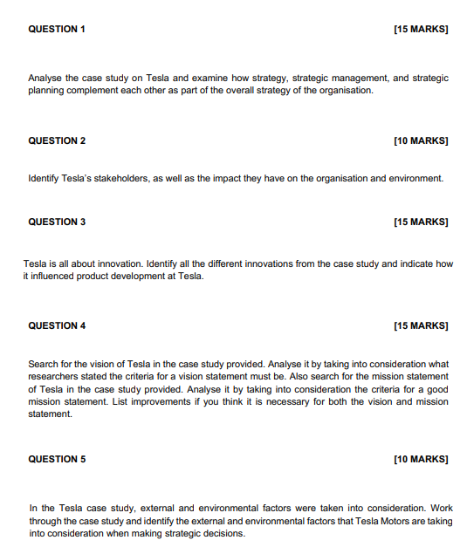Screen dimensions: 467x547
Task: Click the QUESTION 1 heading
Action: point(57,29)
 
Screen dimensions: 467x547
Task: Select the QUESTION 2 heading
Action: point(57,140)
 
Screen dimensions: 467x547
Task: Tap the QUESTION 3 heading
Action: point(57,222)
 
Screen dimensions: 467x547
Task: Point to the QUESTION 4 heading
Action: point(57,325)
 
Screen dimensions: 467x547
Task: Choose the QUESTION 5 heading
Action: point(57,459)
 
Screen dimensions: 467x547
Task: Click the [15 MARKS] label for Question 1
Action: point(421,29)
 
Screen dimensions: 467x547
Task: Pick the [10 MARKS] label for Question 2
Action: point(421,140)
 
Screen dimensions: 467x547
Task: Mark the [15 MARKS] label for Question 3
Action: point(421,222)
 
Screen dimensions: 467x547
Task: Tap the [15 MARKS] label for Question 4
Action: point(421,325)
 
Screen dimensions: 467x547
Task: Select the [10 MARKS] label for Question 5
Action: point(421,459)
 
